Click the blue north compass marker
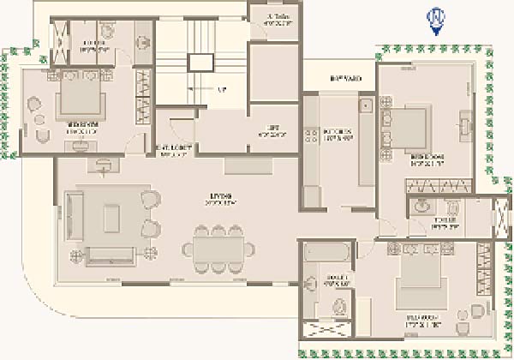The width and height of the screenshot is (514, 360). click(x=437, y=20)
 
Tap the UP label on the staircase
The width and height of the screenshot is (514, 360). click(x=222, y=88)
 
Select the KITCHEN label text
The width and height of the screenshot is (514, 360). click(x=332, y=133)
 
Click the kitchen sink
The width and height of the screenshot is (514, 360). click(x=364, y=107)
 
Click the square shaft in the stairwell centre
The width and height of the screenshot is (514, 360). click(x=201, y=63)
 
